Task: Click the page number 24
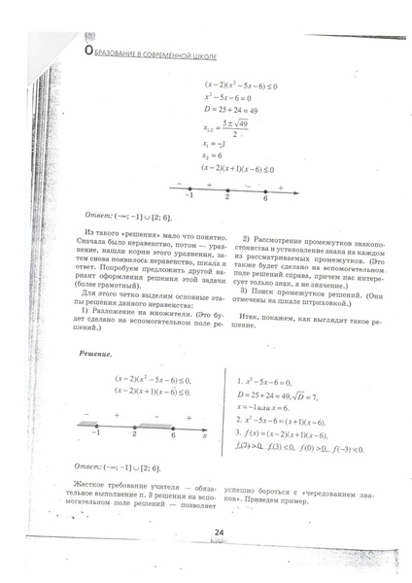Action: click(219, 532)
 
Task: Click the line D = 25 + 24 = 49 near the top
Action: click(231, 111)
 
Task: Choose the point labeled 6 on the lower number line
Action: click(172, 398)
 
